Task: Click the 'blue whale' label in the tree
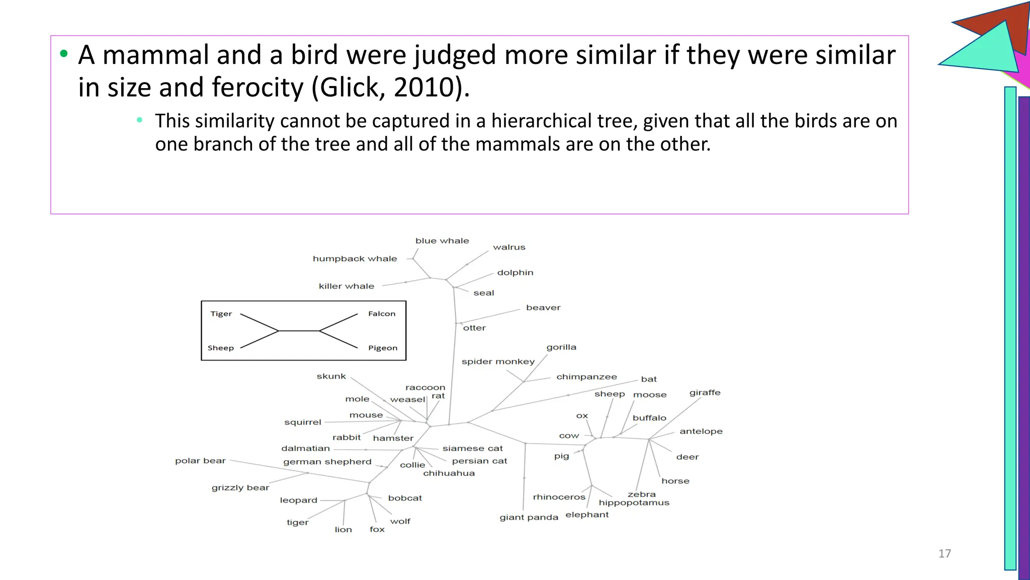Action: [442, 241]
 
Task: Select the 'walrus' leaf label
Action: [509, 247]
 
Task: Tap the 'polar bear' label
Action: [200, 461]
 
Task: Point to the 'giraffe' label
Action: [705, 393]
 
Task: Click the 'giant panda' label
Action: [529, 518]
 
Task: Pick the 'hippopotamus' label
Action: [634, 502]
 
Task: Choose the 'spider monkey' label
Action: [498, 361]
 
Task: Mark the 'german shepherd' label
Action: [327, 462]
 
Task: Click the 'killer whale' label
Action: [347, 286]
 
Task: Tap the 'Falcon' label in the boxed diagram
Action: [382, 314]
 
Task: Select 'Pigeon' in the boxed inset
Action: [382, 348]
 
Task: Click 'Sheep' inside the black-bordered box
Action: [221, 348]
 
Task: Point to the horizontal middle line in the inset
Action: [299, 331]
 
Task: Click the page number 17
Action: [945, 554]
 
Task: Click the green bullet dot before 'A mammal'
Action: [63, 54]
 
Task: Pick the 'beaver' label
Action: [543, 308]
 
